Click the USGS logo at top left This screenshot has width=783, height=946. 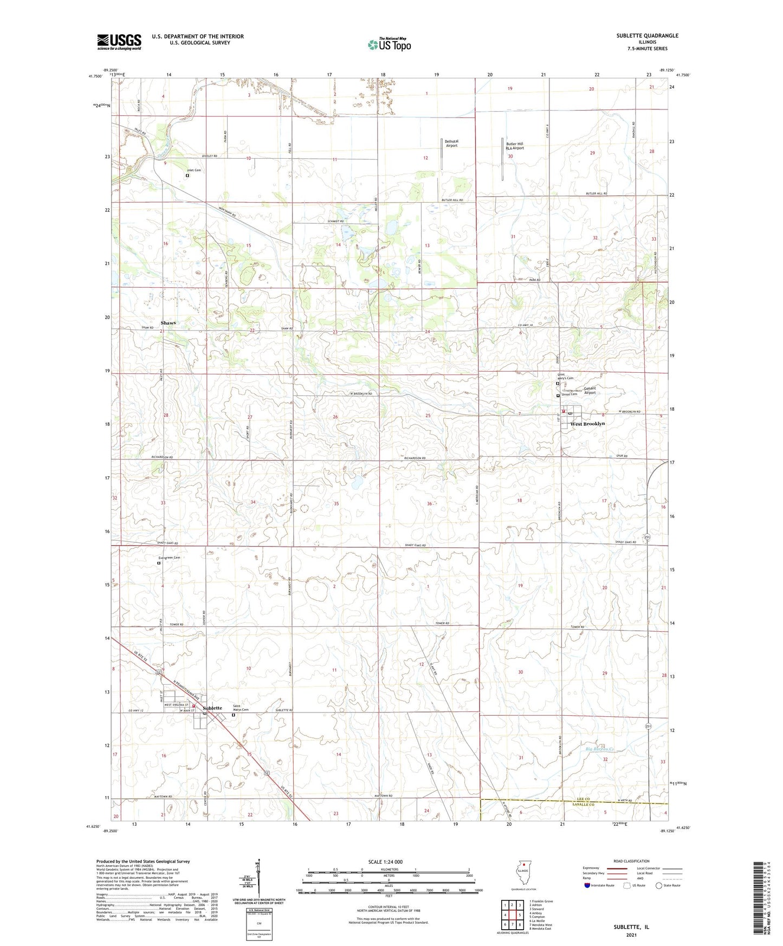point(119,42)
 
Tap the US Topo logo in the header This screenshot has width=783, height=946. point(389,44)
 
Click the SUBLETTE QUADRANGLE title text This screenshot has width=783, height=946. point(647,36)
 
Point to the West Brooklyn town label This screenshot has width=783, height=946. point(587,424)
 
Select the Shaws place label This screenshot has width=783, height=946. point(168,323)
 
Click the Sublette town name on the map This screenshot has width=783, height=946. point(212,708)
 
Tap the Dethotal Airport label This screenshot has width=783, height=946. point(451,144)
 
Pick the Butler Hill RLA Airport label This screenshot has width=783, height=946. point(514,146)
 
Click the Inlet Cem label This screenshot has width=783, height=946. point(194,170)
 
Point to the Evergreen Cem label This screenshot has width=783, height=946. point(169,558)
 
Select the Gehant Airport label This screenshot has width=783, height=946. point(590,390)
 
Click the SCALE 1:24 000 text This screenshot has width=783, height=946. point(385,862)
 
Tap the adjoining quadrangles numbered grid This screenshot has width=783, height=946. point(512,916)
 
